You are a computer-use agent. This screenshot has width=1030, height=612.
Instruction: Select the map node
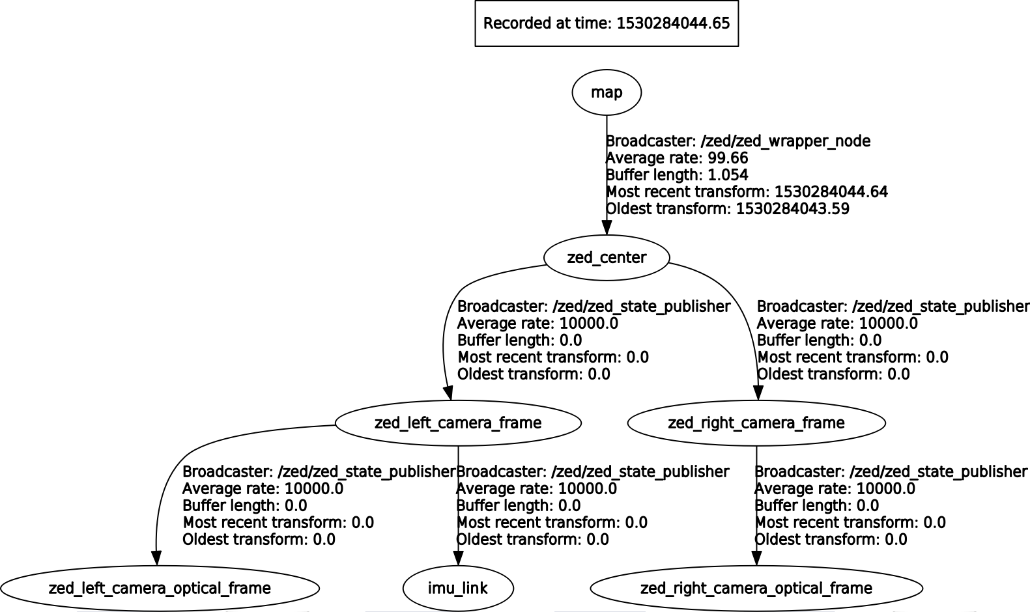[x=606, y=92]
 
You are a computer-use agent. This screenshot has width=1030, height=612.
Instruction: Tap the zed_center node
[x=606, y=258]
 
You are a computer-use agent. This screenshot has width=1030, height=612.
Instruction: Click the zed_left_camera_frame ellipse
[x=457, y=423]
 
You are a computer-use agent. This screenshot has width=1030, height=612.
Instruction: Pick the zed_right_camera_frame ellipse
[x=756, y=423]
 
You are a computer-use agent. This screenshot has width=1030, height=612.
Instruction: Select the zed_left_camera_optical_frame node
[x=160, y=589]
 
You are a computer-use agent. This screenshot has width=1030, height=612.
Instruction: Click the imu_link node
[x=457, y=589]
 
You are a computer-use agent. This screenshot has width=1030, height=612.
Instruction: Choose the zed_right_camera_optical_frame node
[x=756, y=589]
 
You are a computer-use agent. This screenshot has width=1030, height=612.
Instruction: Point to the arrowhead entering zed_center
[x=607, y=227]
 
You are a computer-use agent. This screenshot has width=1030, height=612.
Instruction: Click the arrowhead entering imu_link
[x=458, y=558]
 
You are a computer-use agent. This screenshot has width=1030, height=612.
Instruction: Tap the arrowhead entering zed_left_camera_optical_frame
[x=156, y=558]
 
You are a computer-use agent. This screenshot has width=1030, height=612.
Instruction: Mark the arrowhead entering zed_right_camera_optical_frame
[x=756, y=558]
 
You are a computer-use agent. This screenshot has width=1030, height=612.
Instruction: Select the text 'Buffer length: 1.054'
[x=677, y=175]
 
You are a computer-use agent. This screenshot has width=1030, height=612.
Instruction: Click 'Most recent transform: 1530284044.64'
[x=747, y=192]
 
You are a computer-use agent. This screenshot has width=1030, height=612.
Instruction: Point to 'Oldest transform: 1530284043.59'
[x=727, y=209]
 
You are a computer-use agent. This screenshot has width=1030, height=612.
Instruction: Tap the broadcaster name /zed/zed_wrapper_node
[x=785, y=141]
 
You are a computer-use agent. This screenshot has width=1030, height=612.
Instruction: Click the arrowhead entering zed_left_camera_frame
[x=448, y=393]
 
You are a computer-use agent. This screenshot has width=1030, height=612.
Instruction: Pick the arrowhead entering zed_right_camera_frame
[x=758, y=393]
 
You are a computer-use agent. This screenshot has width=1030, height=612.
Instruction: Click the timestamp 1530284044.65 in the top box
[x=673, y=23]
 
